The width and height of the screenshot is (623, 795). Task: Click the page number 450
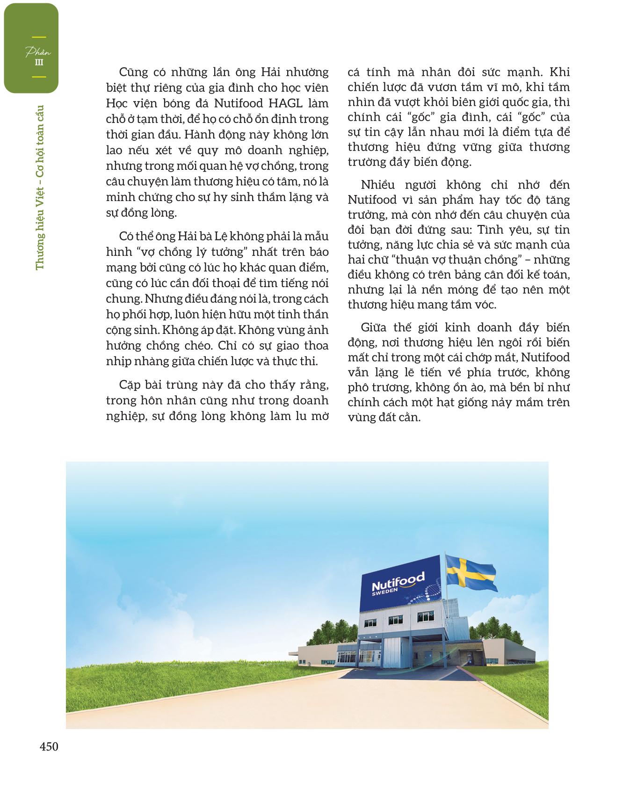pos(49,747)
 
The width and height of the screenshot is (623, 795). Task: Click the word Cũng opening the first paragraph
pos(134,72)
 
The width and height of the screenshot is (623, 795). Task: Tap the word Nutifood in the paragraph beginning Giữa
pos(545,357)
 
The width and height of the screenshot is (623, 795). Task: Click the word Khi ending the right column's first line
pos(560,72)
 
